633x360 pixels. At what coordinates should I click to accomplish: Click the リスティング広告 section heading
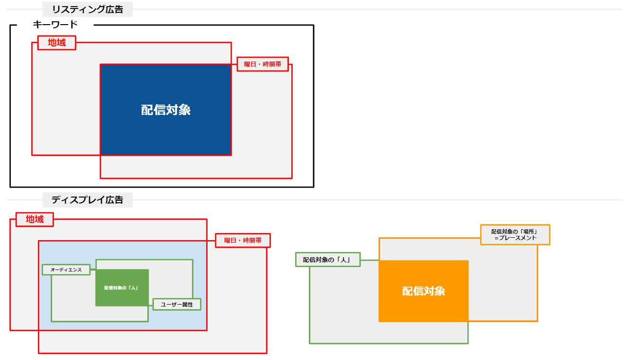[x=87, y=9]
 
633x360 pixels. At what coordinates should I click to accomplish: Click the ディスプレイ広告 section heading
[x=87, y=200]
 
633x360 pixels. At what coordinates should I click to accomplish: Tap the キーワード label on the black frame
[x=55, y=25]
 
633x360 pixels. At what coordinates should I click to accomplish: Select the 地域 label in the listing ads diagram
[x=57, y=43]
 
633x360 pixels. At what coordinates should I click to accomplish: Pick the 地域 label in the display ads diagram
[x=35, y=219]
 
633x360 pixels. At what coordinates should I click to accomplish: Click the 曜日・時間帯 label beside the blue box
[x=263, y=64]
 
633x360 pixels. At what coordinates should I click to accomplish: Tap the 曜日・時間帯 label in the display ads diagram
[x=243, y=241]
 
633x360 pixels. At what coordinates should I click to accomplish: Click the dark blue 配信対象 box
[x=166, y=109]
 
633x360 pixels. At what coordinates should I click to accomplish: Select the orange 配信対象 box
[x=424, y=291]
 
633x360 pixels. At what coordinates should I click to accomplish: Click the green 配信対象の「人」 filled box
[x=122, y=288]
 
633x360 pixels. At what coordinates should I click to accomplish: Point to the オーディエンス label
[x=66, y=270]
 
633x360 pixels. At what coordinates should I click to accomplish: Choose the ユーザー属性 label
[x=177, y=304]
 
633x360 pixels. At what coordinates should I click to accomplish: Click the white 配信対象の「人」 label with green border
[x=328, y=260]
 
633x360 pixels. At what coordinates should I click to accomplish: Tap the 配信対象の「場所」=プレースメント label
[x=515, y=234]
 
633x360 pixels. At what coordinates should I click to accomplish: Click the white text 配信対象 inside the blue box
[x=166, y=110]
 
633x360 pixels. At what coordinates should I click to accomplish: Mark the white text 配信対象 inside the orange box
[x=424, y=291]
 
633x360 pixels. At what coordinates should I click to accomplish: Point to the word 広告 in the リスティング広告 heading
[x=114, y=9]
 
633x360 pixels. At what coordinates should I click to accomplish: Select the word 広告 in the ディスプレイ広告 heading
[x=114, y=200]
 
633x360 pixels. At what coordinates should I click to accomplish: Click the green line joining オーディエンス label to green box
[x=93, y=270]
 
